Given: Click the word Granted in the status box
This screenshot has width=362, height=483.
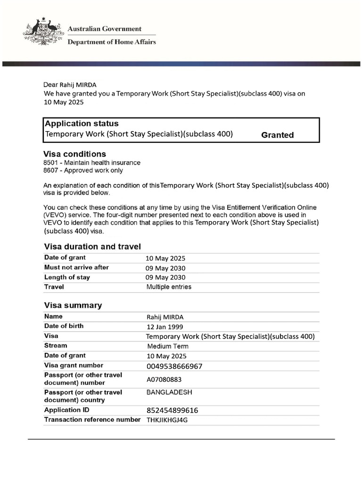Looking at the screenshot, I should click(277, 135).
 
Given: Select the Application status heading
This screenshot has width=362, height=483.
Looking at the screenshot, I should click(82, 124).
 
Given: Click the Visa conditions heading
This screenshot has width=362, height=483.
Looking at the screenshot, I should click(74, 154).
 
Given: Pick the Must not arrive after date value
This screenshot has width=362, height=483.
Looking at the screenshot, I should click(165, 268).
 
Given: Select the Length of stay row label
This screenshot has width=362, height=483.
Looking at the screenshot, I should click(67, 277).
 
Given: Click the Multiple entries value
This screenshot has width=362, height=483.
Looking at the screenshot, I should click(169, 287).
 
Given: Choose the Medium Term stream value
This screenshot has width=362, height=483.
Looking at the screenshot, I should click(168, 346).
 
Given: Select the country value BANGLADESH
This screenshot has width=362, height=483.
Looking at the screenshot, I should click(169, 392).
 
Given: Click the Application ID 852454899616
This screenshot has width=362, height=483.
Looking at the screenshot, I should click(172, 410).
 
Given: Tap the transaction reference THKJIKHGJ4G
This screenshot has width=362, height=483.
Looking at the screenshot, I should click(167, 420).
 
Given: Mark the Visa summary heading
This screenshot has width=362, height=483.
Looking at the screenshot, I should click(73, 305).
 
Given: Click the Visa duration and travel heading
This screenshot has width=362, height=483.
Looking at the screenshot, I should click(92, 246).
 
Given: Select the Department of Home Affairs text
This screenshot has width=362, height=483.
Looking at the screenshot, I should click(112, 42).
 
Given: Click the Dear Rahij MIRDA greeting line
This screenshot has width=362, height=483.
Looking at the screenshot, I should click(70, 85).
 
